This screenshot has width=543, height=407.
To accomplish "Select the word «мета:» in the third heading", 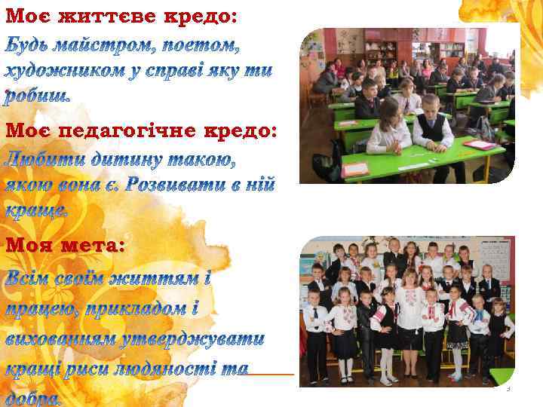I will pos(94,246).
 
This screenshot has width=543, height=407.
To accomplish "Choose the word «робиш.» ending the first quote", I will pos(38,96).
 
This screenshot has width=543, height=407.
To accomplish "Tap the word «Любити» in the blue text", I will pos(42,161).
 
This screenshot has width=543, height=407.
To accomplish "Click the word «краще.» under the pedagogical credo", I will pos(36,210).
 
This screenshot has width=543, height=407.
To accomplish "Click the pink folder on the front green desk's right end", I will pos(480,145).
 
